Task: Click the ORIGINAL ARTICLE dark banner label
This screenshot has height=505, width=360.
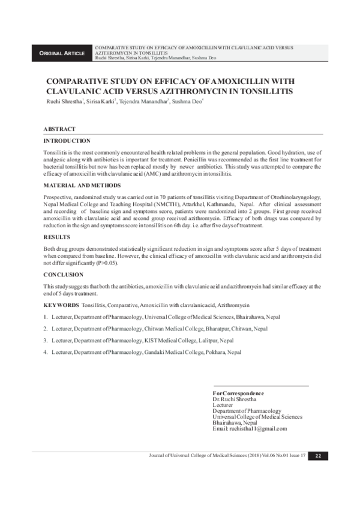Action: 62,53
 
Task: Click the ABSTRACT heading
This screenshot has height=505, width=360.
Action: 59,130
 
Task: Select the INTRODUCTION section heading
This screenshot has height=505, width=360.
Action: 67,140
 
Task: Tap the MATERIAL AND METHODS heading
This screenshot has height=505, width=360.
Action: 82,185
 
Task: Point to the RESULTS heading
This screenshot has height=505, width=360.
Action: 56,238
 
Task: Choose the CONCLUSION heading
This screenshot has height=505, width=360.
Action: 63,274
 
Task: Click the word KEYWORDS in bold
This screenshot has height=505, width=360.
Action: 61,305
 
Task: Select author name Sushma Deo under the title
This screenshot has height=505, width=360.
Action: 186,102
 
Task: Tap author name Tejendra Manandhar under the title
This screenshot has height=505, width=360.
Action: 143,102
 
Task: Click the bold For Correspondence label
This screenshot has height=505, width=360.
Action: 238,393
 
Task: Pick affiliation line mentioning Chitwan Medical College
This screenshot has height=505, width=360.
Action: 150,329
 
